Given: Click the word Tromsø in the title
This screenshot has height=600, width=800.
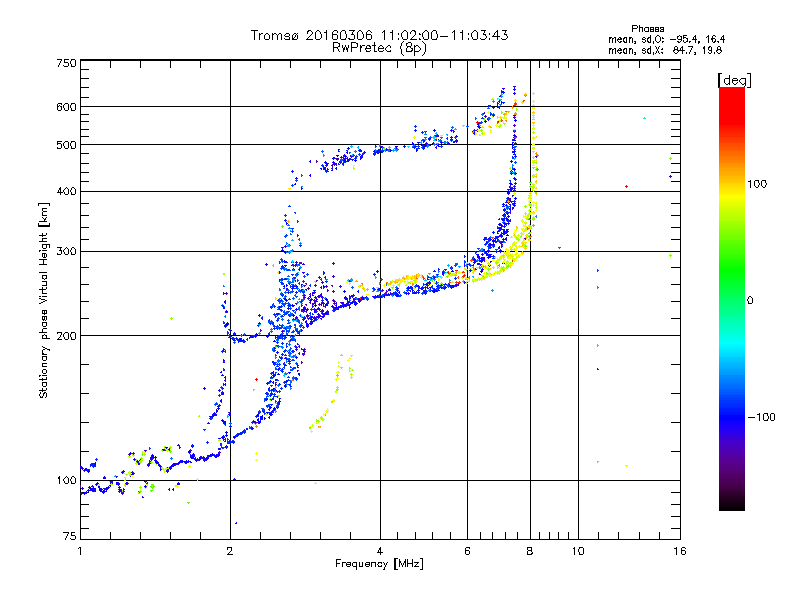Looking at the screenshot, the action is pyautogui.click(x=275, y=35).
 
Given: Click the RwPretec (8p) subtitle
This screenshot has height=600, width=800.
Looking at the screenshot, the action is pyautogui.click(x=379, y=48).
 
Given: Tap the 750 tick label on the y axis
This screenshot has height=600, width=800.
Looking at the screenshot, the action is pyautogui.click(x=66, y=63).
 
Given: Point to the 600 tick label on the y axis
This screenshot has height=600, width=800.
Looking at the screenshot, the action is pyautogui.click(x=66, y=107).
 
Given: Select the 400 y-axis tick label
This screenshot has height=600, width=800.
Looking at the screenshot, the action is pyautogui.click(x=66, y=191).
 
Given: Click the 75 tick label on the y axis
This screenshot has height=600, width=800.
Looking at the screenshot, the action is pyautogui.click(x=70, y=536).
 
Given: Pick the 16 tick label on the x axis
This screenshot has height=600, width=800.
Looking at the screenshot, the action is pyautogui.click(x=680, y=551).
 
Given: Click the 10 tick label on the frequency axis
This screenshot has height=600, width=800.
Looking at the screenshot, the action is pyautogui.click(x=578, y=551).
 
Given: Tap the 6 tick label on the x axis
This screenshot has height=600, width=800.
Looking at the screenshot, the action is pyautogui.click(x=467, y=551).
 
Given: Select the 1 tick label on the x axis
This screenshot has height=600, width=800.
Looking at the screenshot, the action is pyautogui.click(x=80, y=551).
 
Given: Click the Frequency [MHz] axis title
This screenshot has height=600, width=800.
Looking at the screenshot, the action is pyautogui.click(x=379, y=564).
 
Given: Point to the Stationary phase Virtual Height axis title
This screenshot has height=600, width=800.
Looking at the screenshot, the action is pyautogui.click(x=44, y=300).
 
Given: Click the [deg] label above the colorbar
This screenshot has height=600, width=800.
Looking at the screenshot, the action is pyautogui.click(x=734, y=80).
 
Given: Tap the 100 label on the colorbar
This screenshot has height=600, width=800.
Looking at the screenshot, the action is pyautogui.click(x=757, y=184).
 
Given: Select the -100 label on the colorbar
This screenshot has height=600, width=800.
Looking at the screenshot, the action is pyautogui.click(x=761, y=417).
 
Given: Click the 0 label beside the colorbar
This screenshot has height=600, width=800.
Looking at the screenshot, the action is pyautogui.click(x=750, y=301).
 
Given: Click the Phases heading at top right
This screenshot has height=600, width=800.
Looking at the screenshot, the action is pyautogui.click(x=647, y=29).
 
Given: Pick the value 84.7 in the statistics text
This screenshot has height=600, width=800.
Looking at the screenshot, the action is pyautogui.click(x=683, y=50).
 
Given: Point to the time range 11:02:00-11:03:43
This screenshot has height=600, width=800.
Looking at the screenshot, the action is pyautogui.click(x=444, y=35).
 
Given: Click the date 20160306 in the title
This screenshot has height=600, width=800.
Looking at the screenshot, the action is pyautogui.click(x=339, y=35).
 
